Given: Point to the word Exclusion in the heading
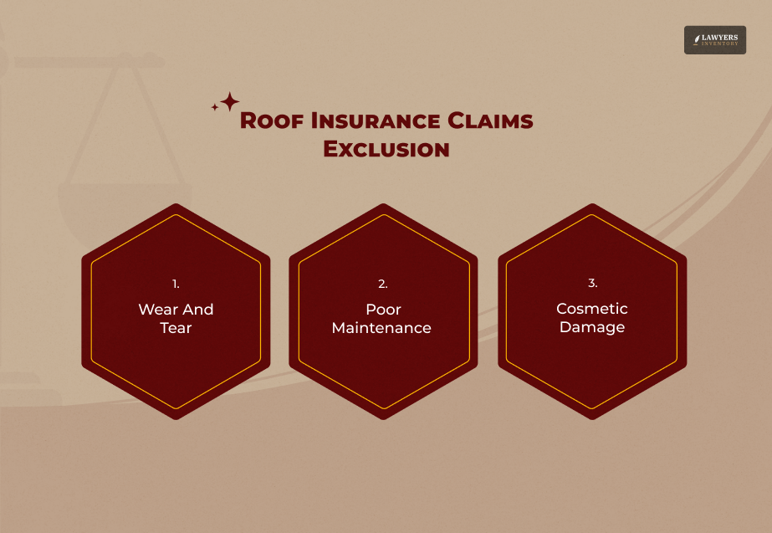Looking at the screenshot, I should click(x=386, y=149).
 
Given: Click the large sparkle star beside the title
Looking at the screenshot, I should click(x=229, y=102).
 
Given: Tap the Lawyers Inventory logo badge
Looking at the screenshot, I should click(x=714, y=39).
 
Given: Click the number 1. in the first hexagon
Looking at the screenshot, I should click(x=176, y=284).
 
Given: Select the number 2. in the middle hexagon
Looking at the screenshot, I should click(x=383, y=284).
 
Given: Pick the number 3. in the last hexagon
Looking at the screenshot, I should click(x=592, y=284).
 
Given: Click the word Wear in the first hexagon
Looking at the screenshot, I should click(x=156, y=310).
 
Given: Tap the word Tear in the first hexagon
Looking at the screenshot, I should click(x=176, y=328).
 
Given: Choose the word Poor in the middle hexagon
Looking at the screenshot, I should click(x=383, y=310).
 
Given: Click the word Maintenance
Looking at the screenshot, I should click(x=381, y=328).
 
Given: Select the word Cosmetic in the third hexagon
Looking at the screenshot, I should click(x=592, y=309).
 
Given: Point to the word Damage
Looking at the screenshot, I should click(x=592, y=327).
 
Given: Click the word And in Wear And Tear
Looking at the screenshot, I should click(x=198, y=310).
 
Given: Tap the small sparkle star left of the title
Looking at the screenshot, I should click(x=215, y=107).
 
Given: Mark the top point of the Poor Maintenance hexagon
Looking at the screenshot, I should click(x=383, y=206).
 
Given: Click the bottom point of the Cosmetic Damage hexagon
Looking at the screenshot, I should click(x=592, y=418).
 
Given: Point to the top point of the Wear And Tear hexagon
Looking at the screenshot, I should click(x=176, y=206).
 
